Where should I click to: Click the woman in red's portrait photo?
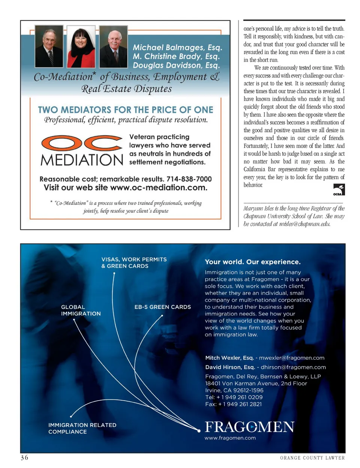coord(81,46)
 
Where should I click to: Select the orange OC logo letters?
coord(82,143)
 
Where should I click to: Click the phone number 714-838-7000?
coord(189,179)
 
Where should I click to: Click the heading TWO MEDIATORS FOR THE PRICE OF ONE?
coord(126,110)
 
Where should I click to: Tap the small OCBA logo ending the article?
coord(339,190)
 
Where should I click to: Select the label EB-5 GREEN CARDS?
coord(162,307)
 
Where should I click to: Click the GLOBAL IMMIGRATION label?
coord(81,310)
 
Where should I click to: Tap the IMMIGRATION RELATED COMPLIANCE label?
coord(82,428)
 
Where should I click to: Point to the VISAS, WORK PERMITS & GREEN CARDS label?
coord(134,263)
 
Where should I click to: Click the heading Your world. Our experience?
coord(252,262)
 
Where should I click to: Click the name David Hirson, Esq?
coord(230,367)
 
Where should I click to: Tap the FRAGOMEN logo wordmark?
coord(249,427)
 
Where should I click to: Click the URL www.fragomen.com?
coord(230,438)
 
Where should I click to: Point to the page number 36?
coord(24,458)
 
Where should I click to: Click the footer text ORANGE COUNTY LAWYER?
coord(312,458)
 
